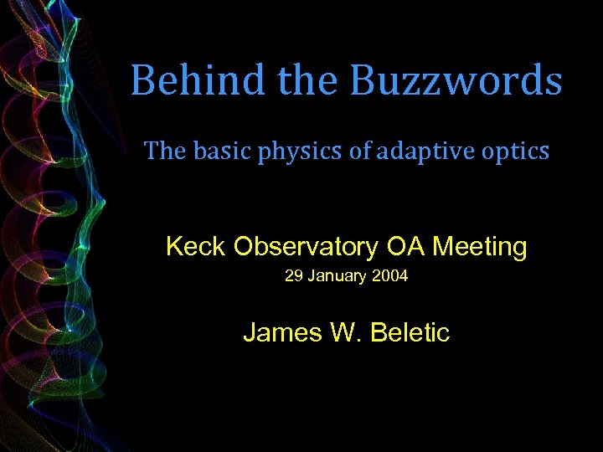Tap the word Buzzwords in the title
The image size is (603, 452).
pyautogui.click(x=456, y=81)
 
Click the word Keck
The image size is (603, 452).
pyautogui.click(x=196, y=247)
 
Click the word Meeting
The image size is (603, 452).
pyautogui.click(x=479, y=248)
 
